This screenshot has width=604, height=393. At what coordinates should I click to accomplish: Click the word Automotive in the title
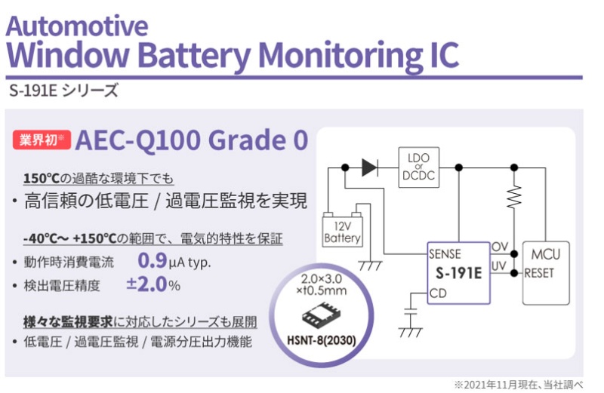click(77, 26)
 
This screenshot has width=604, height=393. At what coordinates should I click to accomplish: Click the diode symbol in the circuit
click(369, 167)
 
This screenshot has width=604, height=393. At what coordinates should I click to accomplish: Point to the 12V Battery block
click(342, 231)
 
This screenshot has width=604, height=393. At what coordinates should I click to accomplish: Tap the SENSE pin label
click(445, 253)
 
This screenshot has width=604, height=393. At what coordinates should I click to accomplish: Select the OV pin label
click(499, 247)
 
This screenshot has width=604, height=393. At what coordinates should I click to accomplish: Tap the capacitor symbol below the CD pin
click(410, 312)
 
